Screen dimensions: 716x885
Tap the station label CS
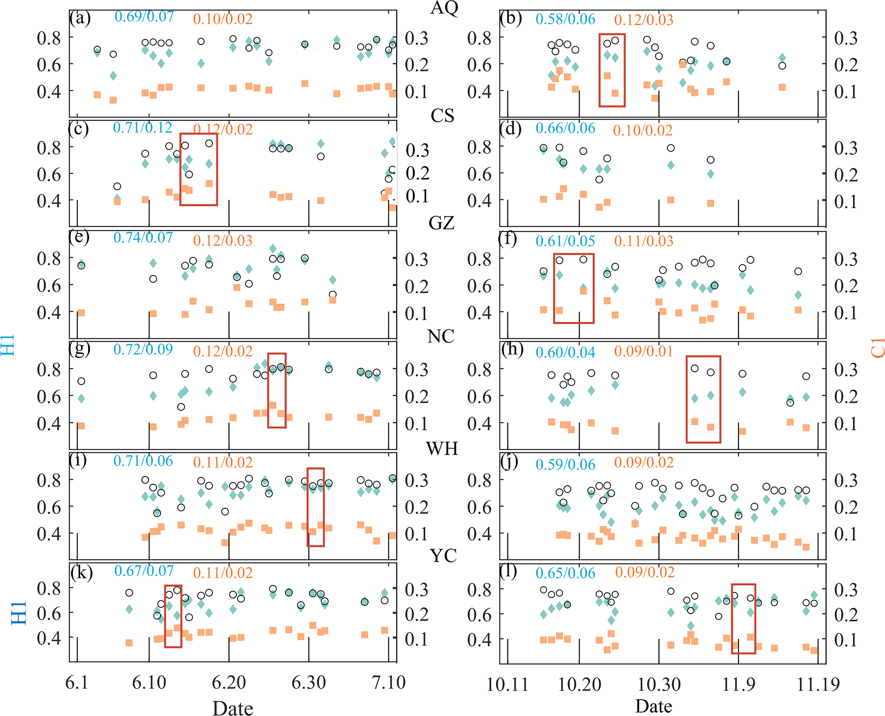442,116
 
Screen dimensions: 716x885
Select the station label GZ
441,223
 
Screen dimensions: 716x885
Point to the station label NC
441,337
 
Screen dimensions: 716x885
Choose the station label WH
442,449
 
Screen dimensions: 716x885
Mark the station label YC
443,556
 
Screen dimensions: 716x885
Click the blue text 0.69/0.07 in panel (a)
144,17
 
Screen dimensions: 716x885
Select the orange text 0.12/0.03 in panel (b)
644,20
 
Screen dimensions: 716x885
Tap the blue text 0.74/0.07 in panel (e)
143,238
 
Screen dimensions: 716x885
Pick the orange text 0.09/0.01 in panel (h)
644,352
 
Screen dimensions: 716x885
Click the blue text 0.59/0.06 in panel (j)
565,465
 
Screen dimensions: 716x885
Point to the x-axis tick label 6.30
309,682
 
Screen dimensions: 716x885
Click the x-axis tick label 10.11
507,684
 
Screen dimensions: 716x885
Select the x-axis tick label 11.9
739,684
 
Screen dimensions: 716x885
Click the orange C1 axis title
877,347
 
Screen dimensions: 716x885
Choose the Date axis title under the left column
232,708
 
